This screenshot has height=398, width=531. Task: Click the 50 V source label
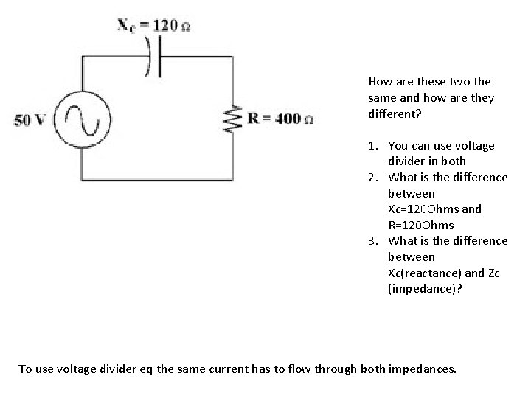click(x=29, y=119)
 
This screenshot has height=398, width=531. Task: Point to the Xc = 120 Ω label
click(x=156, y=25)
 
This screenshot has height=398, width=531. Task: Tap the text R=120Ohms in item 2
click(x=420, y=225)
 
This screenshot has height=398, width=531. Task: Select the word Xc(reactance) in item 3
click(x=424, y=273)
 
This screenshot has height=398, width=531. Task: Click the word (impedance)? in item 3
click(x=425, y=289)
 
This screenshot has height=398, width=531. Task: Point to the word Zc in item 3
click(x=494, y=273)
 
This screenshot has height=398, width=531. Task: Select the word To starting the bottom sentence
click(x=25, y=369)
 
